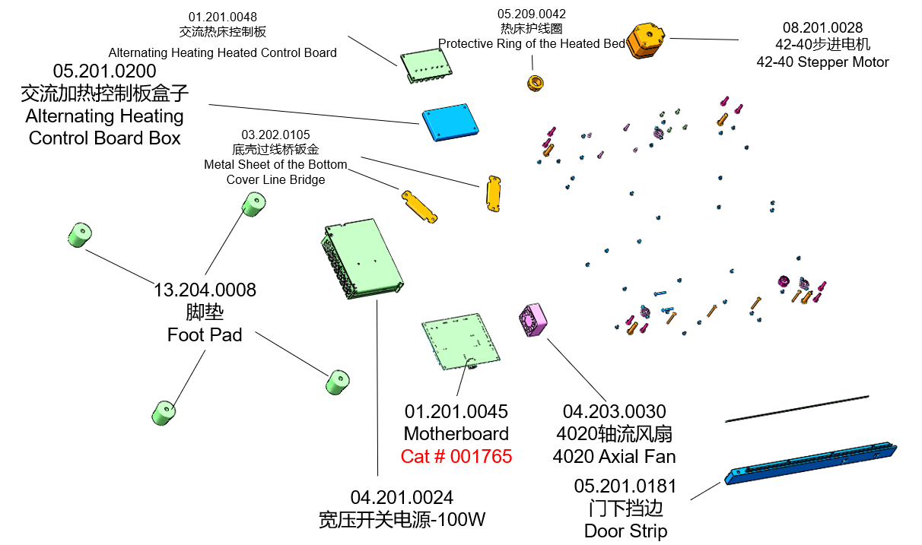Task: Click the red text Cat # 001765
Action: click(x=456, y=456)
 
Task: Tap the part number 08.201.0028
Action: click(x=823, y=28)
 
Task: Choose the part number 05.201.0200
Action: click(x=105, y=71)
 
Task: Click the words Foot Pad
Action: click(x=205, y=334)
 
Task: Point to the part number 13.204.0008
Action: click(x=205, y=290)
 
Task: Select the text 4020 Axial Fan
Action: click(x=614, y=456)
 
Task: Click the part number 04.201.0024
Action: click(x=402, y=498)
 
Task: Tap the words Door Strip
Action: click(x=625, y=531)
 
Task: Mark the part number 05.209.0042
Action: click(x=532, y=14)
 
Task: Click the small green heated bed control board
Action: click(x=426, y=65)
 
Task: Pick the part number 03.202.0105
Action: click(x=275, y=135)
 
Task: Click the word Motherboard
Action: click(x=456, y=434)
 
